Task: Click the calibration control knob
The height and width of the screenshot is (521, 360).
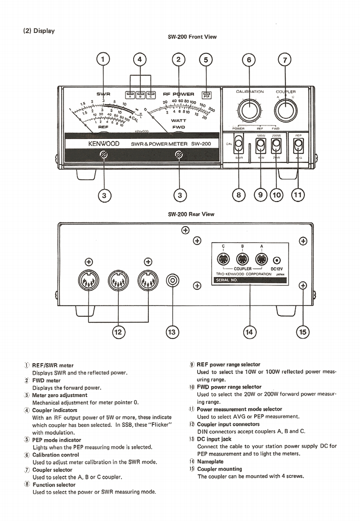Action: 250,111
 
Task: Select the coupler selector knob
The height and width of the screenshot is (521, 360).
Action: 285,111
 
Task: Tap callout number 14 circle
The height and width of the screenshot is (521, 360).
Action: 249,332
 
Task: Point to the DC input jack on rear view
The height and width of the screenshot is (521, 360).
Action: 173,281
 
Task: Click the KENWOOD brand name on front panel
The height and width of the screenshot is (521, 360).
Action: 104,144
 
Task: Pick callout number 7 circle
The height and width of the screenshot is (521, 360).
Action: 284,60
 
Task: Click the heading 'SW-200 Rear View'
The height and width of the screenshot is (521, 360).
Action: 191,214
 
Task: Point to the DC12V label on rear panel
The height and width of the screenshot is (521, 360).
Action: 277,268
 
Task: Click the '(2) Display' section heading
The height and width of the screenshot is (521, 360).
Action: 39,31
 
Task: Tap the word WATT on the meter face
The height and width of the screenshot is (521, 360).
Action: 179,120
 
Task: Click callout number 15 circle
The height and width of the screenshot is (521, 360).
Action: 303,332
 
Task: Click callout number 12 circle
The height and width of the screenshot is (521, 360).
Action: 117,332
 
